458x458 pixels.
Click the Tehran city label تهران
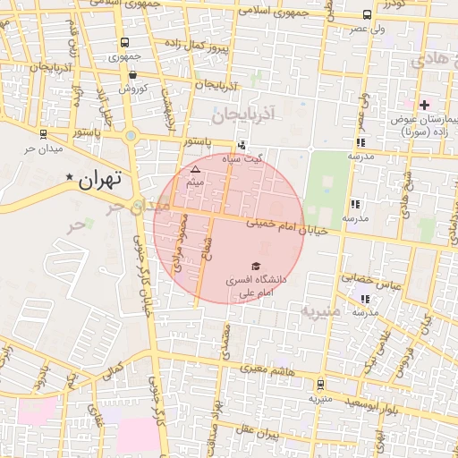click(x=98, y=179)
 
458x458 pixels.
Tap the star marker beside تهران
click(x=69, y=178)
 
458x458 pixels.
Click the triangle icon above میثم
click(x=196, y=168)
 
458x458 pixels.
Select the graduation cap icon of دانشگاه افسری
click(x=256, y=267)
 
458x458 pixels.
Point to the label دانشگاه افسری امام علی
click(x=256, y=286)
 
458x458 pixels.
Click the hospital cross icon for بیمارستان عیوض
click(x=424, y=106)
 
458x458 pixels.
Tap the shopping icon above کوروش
click(x=132, y=75)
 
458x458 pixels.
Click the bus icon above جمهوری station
click(x=124, y=42)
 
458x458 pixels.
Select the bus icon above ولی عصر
click(x=367, y=14)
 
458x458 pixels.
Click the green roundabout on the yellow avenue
click(x=131, y=136)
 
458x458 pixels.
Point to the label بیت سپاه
click(x=268, y=158)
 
